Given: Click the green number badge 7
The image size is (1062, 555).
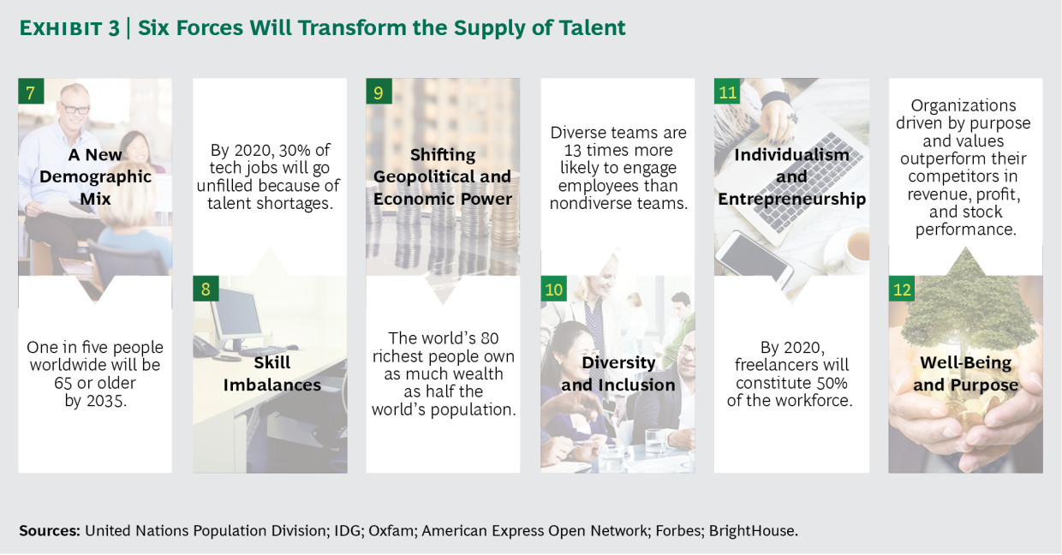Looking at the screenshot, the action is (31, 92).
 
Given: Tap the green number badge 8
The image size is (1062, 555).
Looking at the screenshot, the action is (206, 289).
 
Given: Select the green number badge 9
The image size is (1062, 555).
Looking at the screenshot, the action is (379, 92).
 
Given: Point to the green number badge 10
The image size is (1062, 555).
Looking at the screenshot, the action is (554, 289).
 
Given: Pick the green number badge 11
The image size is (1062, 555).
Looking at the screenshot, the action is (727, 92).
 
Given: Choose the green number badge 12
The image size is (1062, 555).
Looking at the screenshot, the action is (902, 289).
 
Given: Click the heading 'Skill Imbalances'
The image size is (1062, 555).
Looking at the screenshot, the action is (272, 373).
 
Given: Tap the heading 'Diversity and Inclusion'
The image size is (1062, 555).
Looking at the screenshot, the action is (618, 373).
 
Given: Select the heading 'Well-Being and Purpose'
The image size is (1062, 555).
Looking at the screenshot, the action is (966, 373).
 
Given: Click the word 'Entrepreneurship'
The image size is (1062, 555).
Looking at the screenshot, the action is (791, 199).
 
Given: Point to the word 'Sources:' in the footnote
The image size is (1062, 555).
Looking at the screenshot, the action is (50, 530).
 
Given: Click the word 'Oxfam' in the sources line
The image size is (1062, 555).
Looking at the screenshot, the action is (391, 530).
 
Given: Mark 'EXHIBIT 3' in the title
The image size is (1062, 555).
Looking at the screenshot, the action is (69, 28).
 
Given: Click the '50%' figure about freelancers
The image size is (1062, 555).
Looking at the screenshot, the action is (832, 383).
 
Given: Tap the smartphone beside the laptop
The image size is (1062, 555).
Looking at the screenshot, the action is (754, 256).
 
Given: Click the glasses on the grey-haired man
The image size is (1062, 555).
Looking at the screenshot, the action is (75, 109).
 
